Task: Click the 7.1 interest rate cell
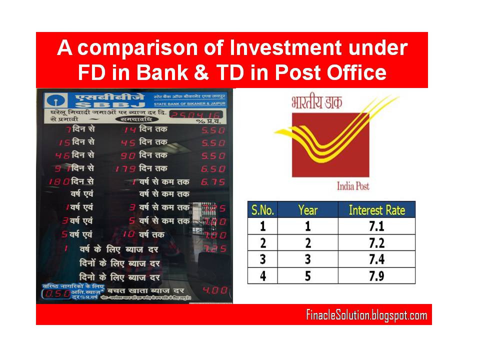tap(376, 226)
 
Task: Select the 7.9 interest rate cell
tap(376, 275)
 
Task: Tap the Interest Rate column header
tap(376, 209)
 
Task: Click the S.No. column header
tap(262, 209)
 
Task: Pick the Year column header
tap(307, 209)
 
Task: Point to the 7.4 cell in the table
tap(376, 259)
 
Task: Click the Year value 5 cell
tap(307, 275)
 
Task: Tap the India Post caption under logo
tap(353, 186)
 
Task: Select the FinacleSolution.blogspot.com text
tap(366, 315)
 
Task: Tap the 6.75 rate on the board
tap(213, 182)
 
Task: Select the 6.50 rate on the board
tap(213, 169)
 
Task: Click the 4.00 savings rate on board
tap(214, 290)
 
